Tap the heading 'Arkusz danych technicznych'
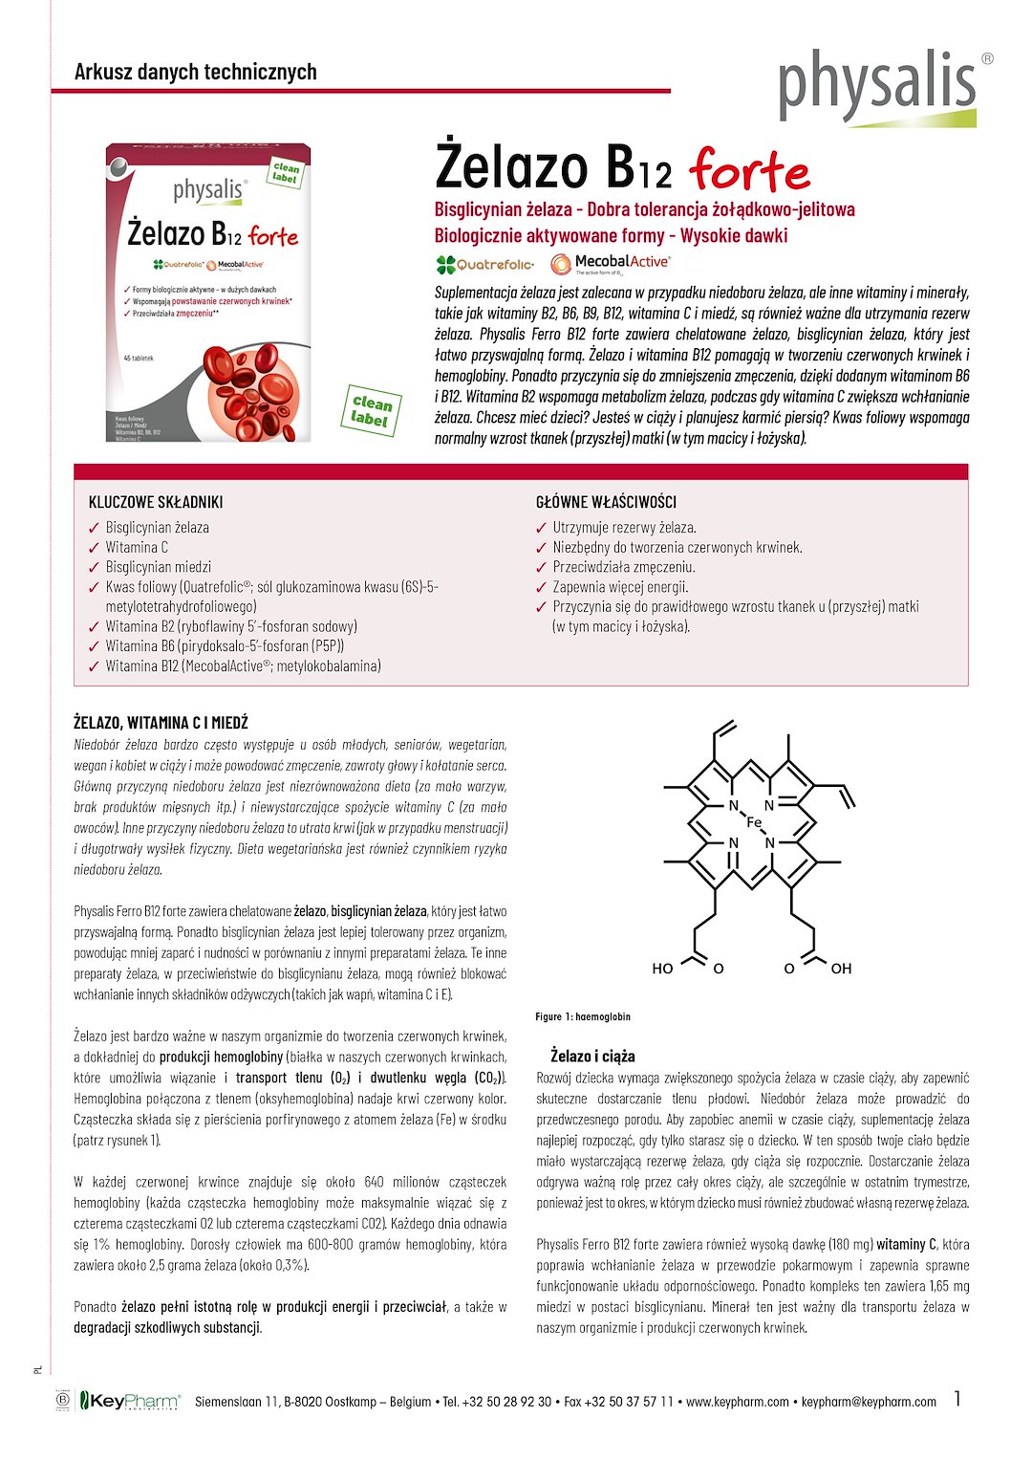coord(195,72)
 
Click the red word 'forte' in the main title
coord(749,170)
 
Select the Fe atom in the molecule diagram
coord(753,823)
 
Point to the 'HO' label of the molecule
coord(662,969)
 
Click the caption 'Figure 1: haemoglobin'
coord(583,1016)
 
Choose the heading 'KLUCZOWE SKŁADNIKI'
coord(156,502)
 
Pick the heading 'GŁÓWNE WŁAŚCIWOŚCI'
coord(606,502)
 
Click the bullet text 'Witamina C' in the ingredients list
coord(137,547)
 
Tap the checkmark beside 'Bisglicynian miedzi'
coord(94,568)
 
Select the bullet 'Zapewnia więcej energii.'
coord(620,587)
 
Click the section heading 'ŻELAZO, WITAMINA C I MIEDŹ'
coord(161,723)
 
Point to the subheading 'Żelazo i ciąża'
coord(592,1056)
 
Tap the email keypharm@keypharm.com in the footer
coord(869,1402)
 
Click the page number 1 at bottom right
coord(957,1399)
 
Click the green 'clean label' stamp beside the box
coord(371,410)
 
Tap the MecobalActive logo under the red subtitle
coord(611,264)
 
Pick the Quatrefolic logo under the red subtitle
coord(485,265)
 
